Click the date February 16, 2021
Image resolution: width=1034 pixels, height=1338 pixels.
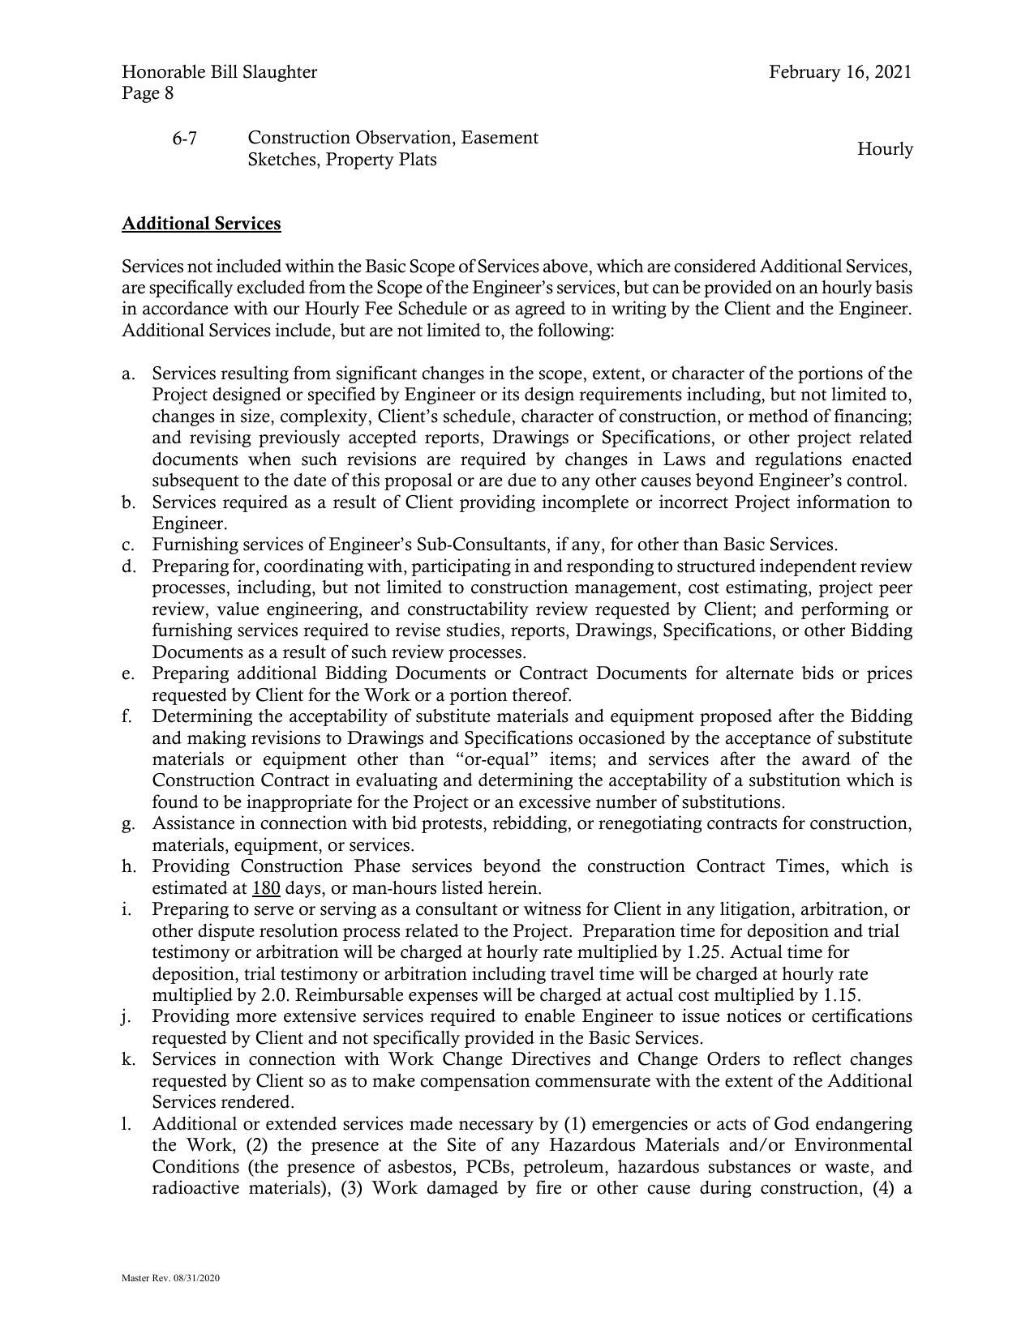[x=840, y=72]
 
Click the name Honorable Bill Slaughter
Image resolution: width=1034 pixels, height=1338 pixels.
[x=219, y=72]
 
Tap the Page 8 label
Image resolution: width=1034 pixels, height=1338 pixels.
[x=148, y=93]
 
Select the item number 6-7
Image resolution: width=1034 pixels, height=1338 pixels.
[x=184, y=139]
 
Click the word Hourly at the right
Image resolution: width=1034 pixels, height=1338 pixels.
[x=885, y=149]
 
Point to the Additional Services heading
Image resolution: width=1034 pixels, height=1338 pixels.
[x=201, y=224]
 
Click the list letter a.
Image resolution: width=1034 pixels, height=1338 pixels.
[x=127, y=374]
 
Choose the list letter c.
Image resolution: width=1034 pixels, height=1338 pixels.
[x=127, y=545]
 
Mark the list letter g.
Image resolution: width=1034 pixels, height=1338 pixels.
[x=127, y=824]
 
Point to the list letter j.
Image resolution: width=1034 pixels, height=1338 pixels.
[x=127, y=1017]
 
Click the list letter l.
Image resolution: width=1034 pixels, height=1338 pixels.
[x=126, y=1124]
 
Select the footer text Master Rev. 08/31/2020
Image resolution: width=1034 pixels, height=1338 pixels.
[x=170, y=1278]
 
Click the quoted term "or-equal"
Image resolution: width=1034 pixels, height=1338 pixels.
[x=501, y=760]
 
